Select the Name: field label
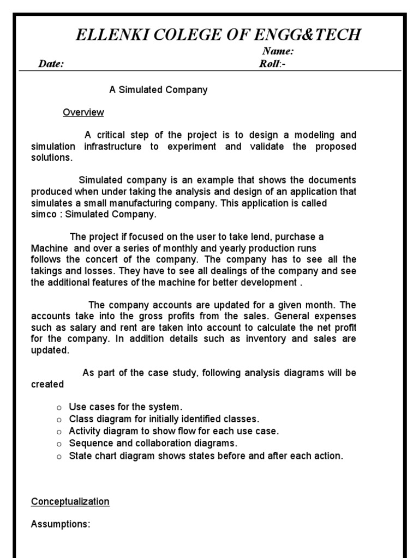278,52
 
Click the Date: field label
51,64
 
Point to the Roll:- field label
273,64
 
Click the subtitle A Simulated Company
158,90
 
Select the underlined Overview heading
83,113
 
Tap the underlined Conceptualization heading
70,501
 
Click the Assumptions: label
61,524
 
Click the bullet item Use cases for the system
125,407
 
